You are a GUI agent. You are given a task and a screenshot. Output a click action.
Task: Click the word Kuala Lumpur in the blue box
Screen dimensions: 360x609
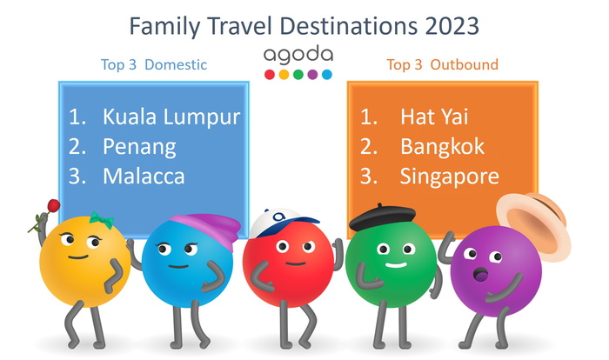tap(171, 116)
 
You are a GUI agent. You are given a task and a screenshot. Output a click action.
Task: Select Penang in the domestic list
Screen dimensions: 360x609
tap(139, 146)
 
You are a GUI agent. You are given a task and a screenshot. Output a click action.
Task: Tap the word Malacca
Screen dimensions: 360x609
tap(144, 177)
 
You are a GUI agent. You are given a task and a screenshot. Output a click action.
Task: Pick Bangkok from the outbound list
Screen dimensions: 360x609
tap(442, 146)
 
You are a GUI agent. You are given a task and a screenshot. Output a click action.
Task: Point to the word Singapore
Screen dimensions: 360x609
tap(449, 177)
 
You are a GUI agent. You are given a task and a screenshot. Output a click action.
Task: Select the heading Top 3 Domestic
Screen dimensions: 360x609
tap(153, 64)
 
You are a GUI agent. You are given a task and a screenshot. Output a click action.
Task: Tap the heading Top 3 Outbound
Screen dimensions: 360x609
tap(442, 64)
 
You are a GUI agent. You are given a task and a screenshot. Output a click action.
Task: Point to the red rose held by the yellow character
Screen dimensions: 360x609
tap(51, 207)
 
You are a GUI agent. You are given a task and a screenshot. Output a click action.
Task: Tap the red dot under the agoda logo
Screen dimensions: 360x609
tap(269, 75)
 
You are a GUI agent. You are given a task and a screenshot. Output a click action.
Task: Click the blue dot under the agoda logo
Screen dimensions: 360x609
tap(327, 75)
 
